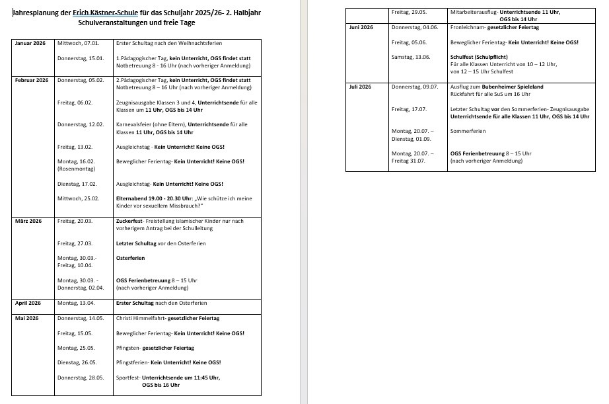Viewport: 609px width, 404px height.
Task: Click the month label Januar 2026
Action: click(x=30, y=43)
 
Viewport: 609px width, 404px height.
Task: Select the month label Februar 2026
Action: click(x=32, y=80)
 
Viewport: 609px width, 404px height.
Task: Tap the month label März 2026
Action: click(x=28, y=221)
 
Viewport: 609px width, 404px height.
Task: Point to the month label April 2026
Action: click(x=28, y=303)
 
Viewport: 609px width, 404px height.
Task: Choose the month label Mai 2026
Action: click(x=27, y=319)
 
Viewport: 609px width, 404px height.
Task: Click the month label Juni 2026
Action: click(x=361, y=27)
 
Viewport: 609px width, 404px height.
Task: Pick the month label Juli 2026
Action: click(x=361, y=87)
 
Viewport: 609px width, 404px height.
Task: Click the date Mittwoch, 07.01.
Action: click(x=79, y=43)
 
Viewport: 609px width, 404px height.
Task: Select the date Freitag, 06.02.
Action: click(x=75, y=102)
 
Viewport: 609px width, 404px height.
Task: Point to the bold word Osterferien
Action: click(x=130, y=258)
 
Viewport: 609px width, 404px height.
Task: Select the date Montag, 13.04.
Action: click(x=76, y=303)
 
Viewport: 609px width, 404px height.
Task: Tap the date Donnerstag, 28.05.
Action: click(x=81, y=378)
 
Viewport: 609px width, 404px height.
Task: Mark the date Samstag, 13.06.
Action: click(x=411, y=57)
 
